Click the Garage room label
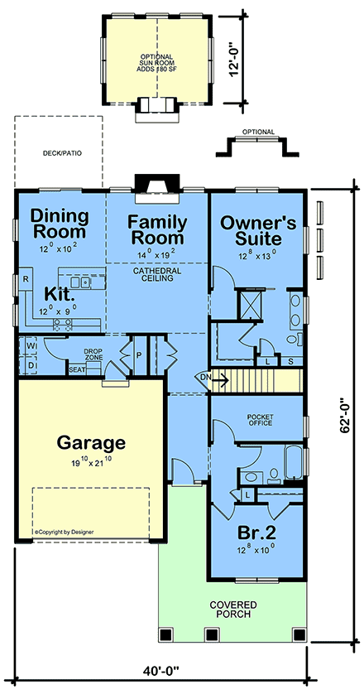tap(91, 442)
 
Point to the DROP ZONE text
tap(91, 353)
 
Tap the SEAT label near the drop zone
tap(77, 369)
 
